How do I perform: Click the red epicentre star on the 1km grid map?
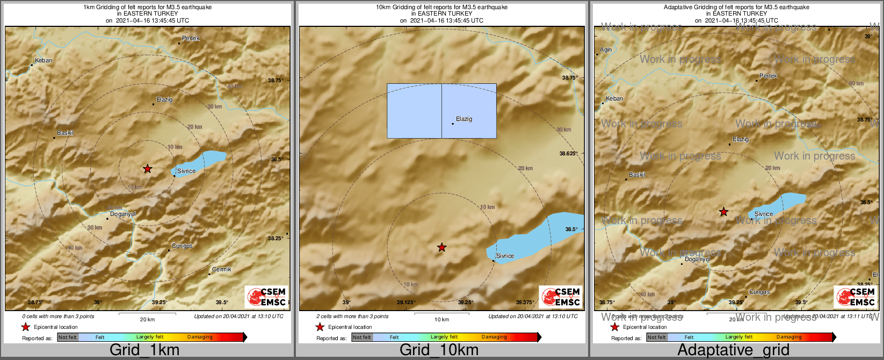pos(148,169)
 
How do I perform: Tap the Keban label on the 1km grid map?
pos(44,60)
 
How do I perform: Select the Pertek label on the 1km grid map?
pos(191,38)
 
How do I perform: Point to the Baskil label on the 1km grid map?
pos(65,133)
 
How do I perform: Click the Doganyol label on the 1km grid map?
pos(122,214)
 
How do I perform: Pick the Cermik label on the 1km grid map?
pos(221,269)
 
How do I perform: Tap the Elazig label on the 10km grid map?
pos(464,119)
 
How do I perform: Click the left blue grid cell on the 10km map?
pos(414,111)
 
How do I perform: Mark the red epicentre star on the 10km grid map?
pos(441,247)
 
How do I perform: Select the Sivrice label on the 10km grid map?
pos(505,256)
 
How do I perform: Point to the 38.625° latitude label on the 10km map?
pos(568,153)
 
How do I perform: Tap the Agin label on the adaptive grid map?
pos(606,49)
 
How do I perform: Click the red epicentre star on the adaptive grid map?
pos(723,212)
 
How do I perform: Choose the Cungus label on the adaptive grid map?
pos(759,292)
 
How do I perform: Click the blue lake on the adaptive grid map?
pos(789,201)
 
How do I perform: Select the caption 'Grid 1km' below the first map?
pos(144,350)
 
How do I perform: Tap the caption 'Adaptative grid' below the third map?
pos(733,350)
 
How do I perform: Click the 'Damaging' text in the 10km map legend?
pos(494,337)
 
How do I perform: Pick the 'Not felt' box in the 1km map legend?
pos(68,337)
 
